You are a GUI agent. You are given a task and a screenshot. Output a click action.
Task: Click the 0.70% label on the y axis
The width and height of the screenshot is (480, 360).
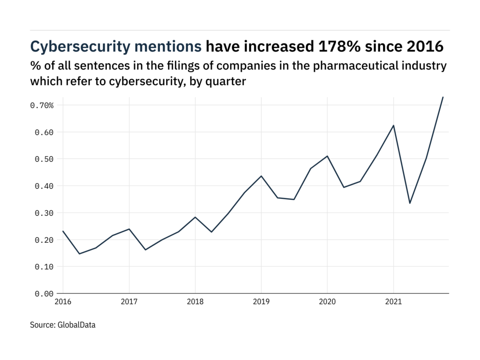[42, 105]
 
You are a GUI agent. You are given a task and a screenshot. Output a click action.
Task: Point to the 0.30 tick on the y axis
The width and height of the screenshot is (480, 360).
[44, 213]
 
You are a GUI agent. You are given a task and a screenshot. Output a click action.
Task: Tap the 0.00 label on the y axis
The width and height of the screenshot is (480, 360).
[44, 294]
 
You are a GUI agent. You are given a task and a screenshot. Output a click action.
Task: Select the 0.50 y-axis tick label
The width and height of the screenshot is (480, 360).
[44, 159]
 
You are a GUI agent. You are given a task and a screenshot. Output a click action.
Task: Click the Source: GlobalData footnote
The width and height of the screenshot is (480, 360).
[63, 324]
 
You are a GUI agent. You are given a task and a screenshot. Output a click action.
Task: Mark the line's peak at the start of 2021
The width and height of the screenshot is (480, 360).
[393, 126]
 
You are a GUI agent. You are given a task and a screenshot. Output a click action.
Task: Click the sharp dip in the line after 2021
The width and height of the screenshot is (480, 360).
[410, 203]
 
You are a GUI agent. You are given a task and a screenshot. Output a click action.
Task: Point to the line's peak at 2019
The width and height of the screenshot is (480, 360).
[261, 176]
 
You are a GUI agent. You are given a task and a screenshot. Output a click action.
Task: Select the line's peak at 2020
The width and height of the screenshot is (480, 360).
[327, 156]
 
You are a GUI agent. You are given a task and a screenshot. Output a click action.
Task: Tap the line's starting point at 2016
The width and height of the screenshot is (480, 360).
[63, 231]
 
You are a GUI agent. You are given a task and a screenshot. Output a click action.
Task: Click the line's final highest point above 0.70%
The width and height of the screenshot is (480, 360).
[442, 97]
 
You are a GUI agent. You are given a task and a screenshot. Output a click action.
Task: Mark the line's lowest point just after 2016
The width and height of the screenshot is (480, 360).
[79, 254]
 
